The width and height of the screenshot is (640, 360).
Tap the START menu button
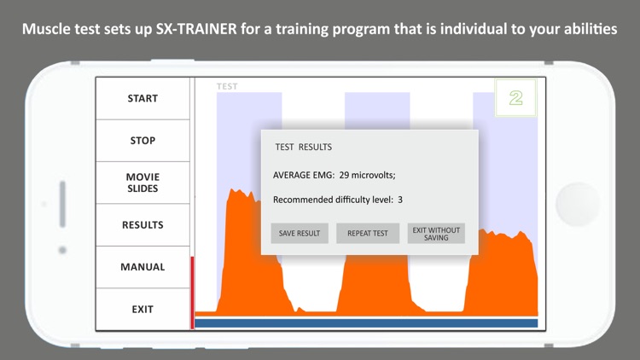pos(143,98)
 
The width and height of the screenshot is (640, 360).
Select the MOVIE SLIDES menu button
pos(143,183)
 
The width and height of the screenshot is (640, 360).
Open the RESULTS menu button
pos(143,224)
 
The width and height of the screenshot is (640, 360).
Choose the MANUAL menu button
pos(143,267)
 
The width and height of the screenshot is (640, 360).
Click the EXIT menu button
pos(143,309)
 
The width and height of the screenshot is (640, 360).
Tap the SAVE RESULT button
pos(300,234)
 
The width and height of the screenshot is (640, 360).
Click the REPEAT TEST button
pos(368,234)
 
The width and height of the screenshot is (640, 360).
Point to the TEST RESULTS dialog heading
pos(303,148)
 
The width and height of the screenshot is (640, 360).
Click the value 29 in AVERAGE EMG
pos(346,175)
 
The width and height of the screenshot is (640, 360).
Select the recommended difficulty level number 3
pos(400,200)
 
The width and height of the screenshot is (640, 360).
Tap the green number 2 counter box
pos(515,98)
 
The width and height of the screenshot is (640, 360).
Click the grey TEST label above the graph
pos(227,86)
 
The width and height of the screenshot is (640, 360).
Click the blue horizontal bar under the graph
pos(366,323)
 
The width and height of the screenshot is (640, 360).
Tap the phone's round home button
pos(578,204)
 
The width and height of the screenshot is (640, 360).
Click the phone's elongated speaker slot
pos(62,204)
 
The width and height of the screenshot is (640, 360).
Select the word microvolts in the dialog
pos(374,175)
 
